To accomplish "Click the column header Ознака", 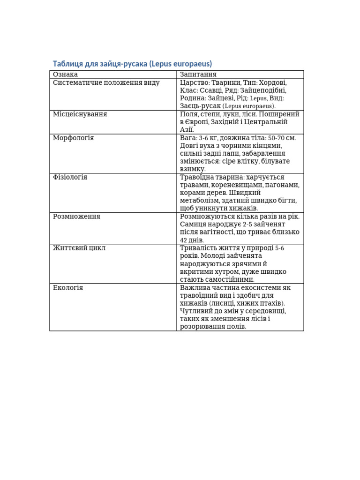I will click(x=65, y=75).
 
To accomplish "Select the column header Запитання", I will click(x=198, y=75).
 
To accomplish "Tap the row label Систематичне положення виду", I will click(x=106, y=83).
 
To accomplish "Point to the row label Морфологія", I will click(x=74, y=138).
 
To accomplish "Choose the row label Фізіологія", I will click(x=70, y=178).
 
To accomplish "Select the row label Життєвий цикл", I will click(x=79, y=248).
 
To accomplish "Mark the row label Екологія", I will click(x=68, y=288).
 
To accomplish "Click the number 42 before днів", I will click(x=184, y=240).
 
